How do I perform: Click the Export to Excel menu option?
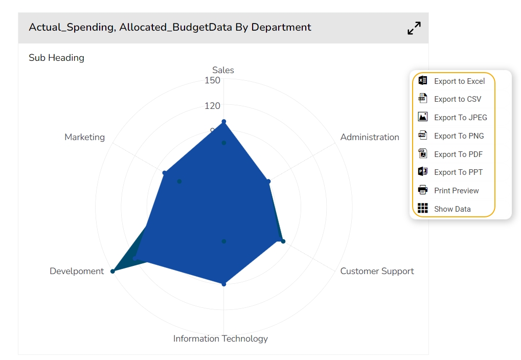click(459, 81)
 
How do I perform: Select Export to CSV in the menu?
click(457, 99)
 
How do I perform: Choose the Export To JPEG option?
click(460, 118)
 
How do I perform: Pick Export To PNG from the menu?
click(459, 136)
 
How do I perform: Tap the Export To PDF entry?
click(458, 154)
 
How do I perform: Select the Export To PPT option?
click(458, 172)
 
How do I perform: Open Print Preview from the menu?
click(456, 191)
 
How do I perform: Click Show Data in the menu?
click(452, 209)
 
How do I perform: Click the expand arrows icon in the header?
click(414, 28)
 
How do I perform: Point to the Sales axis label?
click(223, 71)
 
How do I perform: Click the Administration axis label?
click(370, 137)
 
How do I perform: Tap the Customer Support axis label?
click(377, 271)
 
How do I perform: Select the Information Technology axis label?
click(220, 339)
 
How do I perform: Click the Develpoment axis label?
click(77, 271)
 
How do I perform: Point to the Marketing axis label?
click(84, 137)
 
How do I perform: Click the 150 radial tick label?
click(212, 80)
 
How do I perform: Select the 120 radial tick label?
click(212, 106)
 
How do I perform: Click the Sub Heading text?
click(56, 58)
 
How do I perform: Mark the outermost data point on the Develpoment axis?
click(113, 271)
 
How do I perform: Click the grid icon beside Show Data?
click(423, 208)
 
